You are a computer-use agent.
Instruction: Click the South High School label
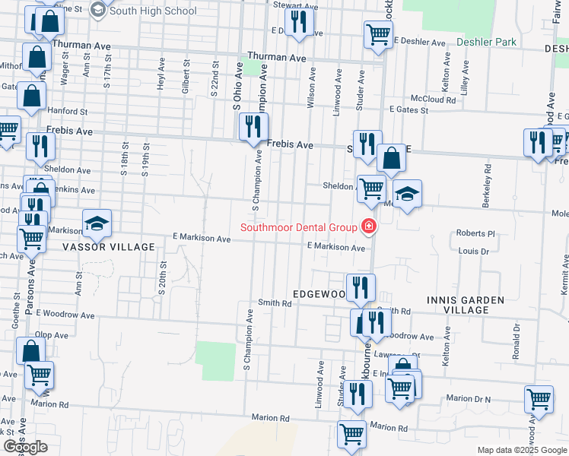coord(154,11)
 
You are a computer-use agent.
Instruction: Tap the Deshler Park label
coord(487,42)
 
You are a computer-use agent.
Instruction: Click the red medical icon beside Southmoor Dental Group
coord(369,226)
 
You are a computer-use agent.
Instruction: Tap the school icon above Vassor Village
coord(97,223)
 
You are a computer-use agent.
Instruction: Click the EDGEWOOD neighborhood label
coord(319,293)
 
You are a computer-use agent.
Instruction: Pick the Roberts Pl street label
coord(475,233)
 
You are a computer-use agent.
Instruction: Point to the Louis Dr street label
coord(473,250)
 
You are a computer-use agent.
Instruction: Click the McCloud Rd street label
coord(434,99)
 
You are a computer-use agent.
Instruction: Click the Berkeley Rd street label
coord(485,195)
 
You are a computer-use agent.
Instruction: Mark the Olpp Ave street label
coord(52,334)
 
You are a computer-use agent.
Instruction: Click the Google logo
coord(25,447)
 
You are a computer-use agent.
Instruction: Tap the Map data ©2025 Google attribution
coord(521,450)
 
